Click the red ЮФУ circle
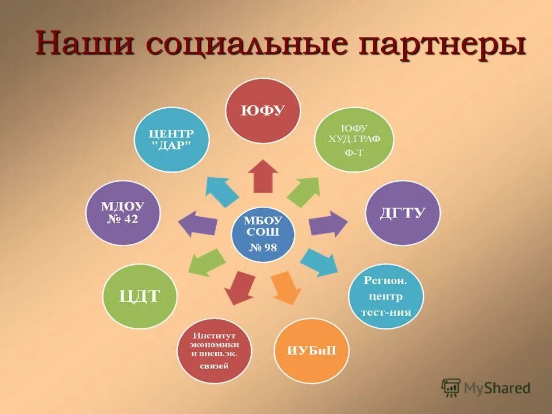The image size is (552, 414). click(x=263, y=111)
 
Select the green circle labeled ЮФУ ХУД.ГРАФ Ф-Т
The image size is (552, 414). click(x=354, y=140)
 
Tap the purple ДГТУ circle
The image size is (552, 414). click(x=402, y=213)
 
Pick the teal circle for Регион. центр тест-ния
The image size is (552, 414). click(x=385, y=296)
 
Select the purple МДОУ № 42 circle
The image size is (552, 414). click(x=123, y=213)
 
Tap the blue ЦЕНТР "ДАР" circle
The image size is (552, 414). click(x=171, y=139)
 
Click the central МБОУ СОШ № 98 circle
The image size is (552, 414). click(x=263, y=233)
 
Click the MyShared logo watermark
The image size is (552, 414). click(x=486, y=388)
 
